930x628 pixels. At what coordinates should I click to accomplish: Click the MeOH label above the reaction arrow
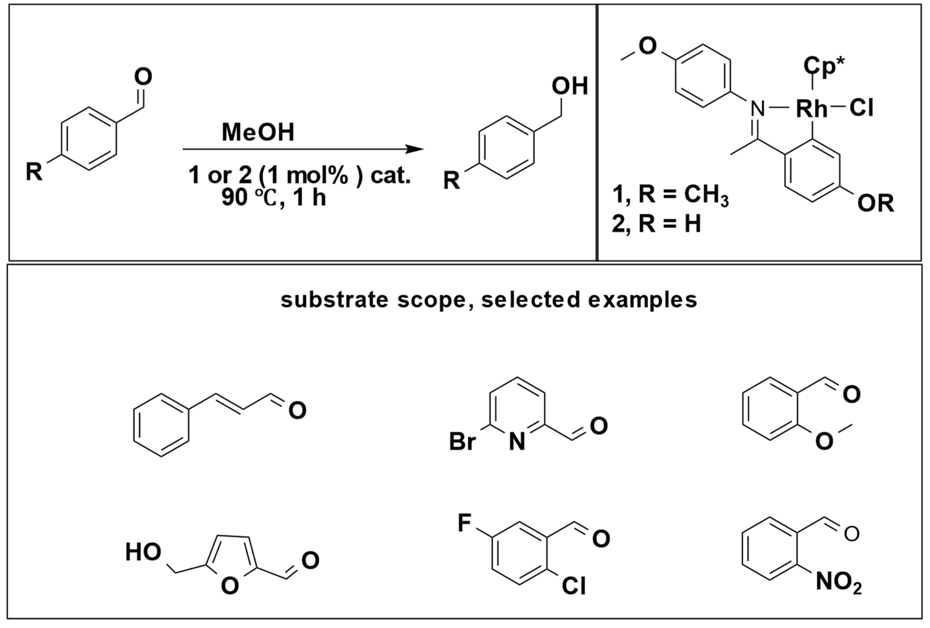click(x=258, y=132)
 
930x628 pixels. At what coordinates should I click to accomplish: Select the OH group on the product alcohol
click(x=570, y=86)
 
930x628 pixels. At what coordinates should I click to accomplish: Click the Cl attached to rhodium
click(x=861, y=108)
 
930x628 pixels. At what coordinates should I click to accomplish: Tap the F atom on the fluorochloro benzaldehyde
click(x=465, y=523)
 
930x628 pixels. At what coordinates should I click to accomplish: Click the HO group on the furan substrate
click(x=143, y=552)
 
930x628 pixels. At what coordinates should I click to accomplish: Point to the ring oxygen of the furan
click(x=230, y=586)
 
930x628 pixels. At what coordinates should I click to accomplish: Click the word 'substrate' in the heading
click(x=334, y=300)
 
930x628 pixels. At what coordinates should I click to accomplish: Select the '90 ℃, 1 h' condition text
click(x=274, y=198)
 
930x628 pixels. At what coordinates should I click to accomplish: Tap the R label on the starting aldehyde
click(x=34, y=172)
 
